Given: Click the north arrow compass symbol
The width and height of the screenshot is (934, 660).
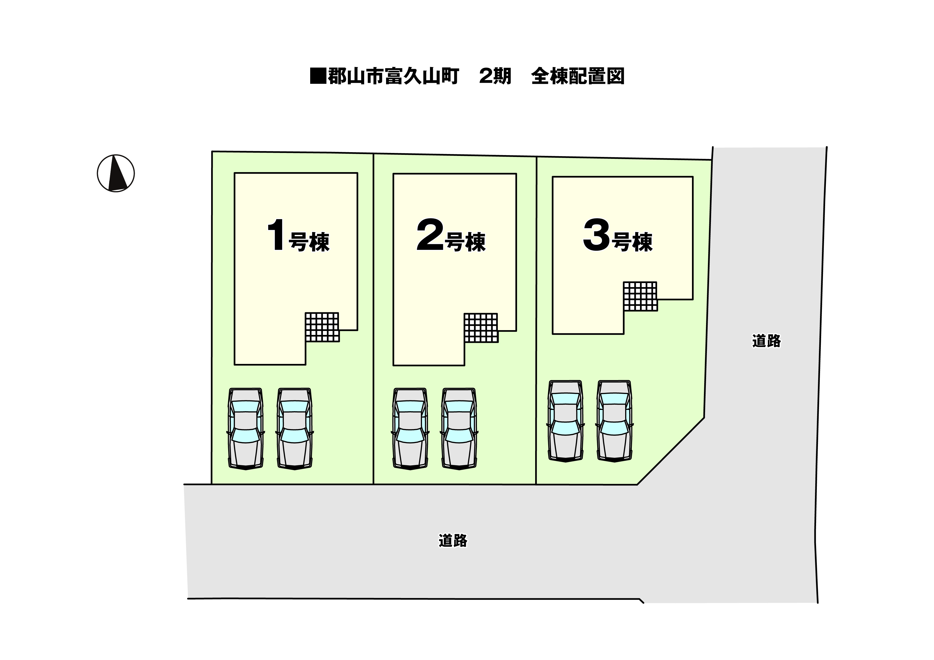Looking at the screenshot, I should [x=116, y=173].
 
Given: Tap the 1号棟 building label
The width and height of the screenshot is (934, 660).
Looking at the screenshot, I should [x=298, y=236].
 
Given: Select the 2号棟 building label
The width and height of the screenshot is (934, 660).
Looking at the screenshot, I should [x=451, y=236].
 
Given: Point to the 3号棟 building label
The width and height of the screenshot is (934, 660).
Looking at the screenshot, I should [x=617, y=236].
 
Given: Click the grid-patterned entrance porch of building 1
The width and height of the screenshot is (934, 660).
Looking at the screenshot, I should [x=322, y=327].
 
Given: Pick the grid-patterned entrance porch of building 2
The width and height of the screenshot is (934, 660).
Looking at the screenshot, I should [x=481, y=328].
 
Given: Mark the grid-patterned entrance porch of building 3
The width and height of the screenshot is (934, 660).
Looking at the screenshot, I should [x=640, y=297].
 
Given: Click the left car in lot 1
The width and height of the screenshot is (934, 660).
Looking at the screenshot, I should [x=246, y=429].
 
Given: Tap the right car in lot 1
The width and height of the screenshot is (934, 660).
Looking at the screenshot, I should [x=294, y=429].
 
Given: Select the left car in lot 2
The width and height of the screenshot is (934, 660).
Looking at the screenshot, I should [x=410, y=429].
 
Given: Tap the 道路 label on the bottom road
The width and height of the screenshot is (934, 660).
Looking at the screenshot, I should [x=453, y=541].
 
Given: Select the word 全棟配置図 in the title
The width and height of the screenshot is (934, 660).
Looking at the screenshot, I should [x=578, y=76].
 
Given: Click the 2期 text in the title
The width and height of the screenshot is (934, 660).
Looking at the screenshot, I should [x=495, y=76].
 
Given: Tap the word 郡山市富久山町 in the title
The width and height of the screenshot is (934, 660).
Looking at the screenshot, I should [x=393, y=76].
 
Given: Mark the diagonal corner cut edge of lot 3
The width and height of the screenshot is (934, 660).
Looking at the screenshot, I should [x=671, y=451].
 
